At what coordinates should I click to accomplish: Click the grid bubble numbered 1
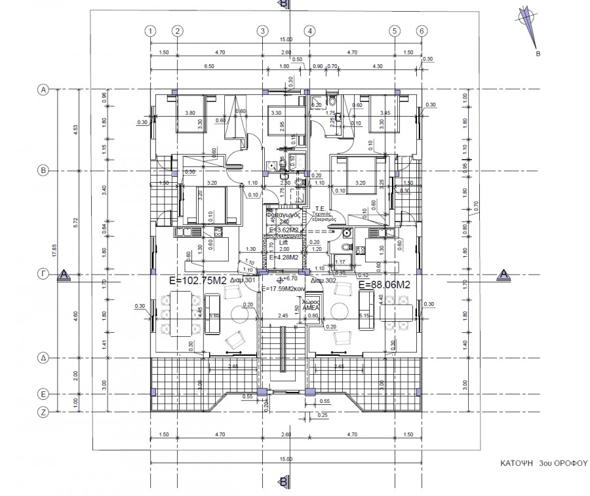pyautogui.click(x=150, y=31)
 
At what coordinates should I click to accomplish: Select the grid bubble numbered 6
pyautogui.click(x=422, y=31)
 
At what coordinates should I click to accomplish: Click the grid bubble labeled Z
pyautogui.click(x=45, y=412)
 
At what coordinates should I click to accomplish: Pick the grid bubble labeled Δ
pyautogui.click(x=45, y=358)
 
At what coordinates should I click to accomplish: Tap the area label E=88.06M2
pyautogui.click(x=384, y=284)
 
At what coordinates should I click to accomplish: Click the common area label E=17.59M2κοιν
pyautogui.click(x=285, y=288)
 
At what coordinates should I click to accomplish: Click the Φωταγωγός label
pyautogui.click(x=283, y=214)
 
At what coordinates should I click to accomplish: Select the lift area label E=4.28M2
pyautogui.click(x=284, y=258)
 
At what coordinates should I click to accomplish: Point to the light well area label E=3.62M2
pyautogui.click(x=284, y=231)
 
